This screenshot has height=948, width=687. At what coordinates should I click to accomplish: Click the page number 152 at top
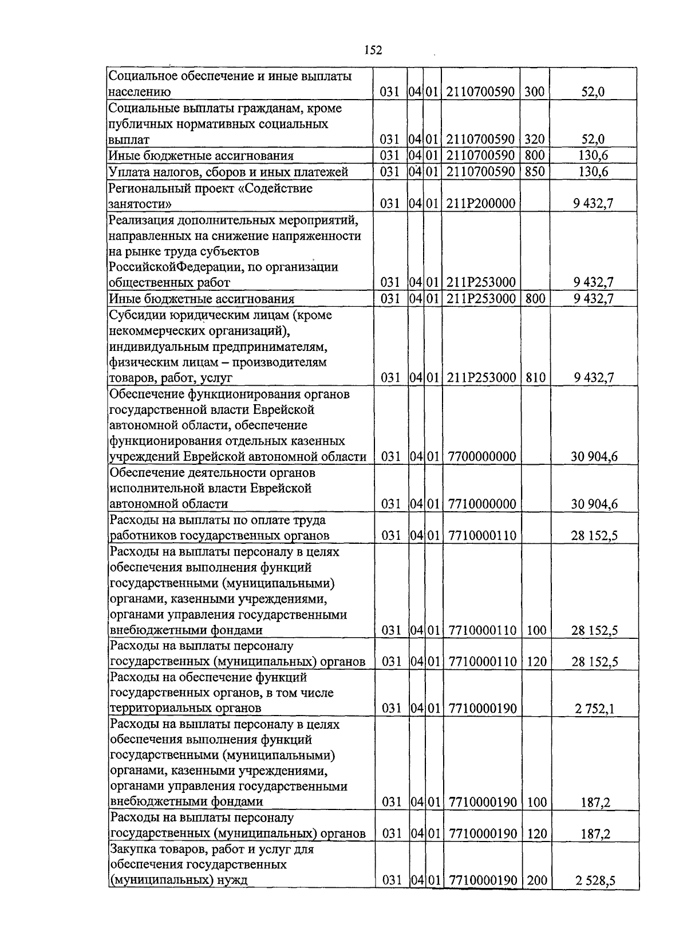coord(373,50)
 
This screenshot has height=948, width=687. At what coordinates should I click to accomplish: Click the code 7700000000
coord(482,457)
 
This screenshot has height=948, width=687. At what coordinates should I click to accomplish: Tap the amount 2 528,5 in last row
coord(595,897)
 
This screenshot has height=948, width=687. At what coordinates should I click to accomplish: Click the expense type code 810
coord(535,378)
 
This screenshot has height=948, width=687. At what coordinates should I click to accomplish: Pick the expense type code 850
coord(535,172)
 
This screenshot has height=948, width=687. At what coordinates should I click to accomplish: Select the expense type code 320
coord(535,140)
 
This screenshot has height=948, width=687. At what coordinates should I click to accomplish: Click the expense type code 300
coord(535,92)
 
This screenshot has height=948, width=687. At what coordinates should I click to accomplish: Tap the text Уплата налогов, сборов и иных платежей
coord(228,172)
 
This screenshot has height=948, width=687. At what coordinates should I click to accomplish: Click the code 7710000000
coord(482,504)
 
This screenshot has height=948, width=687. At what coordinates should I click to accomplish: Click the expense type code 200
coord(537,896)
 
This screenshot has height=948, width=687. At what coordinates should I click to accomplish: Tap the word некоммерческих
coord(152,331)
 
